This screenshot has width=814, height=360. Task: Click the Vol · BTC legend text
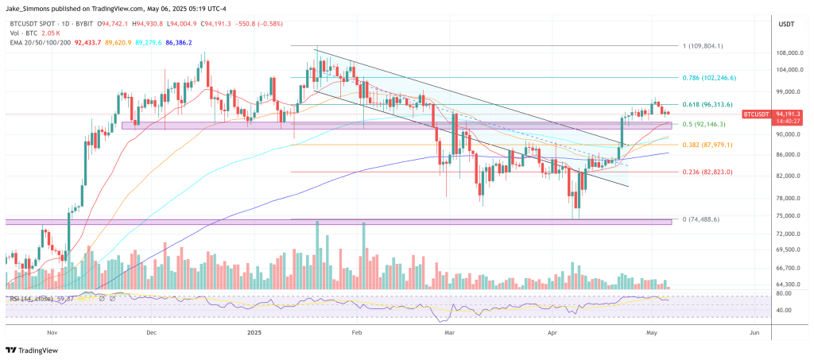(x=19, y=33)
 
